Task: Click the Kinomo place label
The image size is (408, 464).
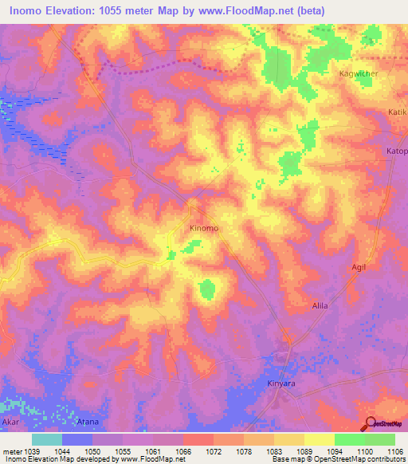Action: click(x=204, y=229)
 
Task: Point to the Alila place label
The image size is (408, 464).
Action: click(x=320, y=306)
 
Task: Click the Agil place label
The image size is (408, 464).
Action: click(x=359, y=267)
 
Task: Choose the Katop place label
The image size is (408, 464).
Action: click(x=397, y=151)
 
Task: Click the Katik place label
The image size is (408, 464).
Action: click(x=397, y=112)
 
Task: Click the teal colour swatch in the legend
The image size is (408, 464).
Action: click(x=47, y=439)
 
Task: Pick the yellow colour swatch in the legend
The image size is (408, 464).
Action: click(x=320, y=439)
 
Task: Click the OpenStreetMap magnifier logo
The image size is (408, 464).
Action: click(x=370, y=425)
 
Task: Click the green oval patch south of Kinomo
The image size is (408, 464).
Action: click(x=207, y=289)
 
